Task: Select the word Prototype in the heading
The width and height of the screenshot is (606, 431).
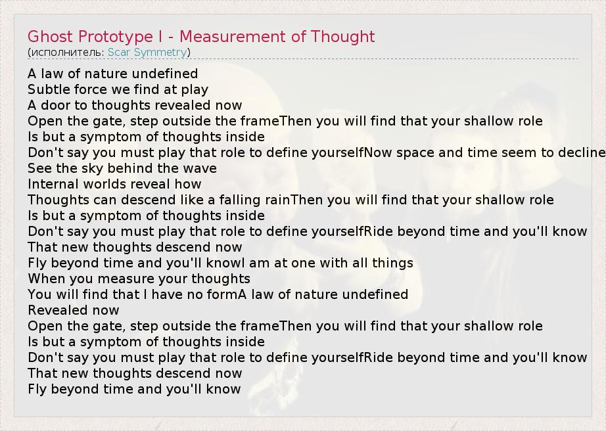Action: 116,37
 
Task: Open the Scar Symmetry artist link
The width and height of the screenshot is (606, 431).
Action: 147,53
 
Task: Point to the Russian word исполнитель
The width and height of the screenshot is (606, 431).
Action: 68,53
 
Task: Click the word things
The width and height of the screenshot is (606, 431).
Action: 392,263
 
